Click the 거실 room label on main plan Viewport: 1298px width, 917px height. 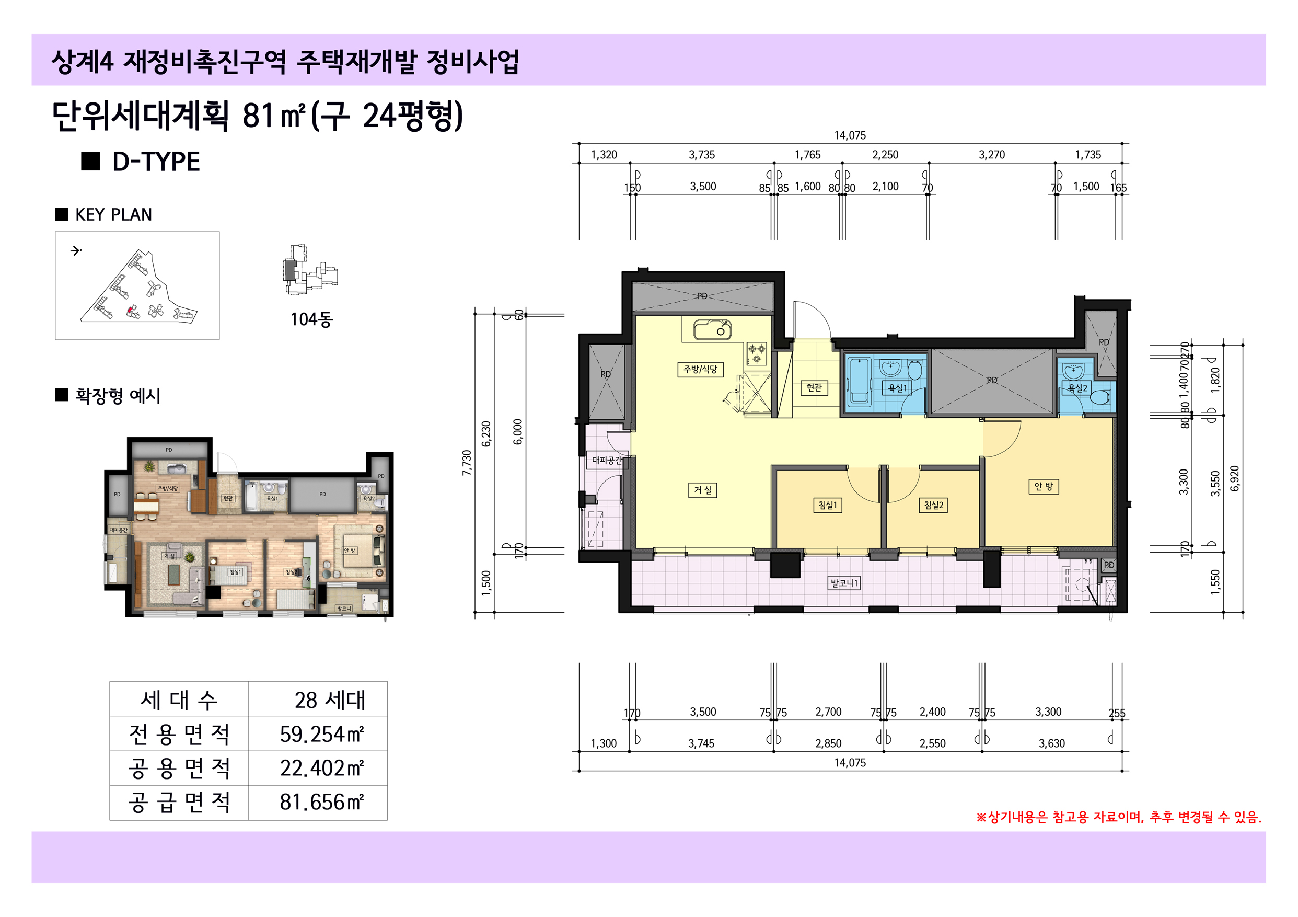(x=703, y=490)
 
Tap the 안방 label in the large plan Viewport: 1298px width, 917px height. (x=1043, y=487)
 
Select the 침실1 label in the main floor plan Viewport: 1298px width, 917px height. (x=827, y=505)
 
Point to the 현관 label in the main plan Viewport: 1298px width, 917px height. (x=814, y=387)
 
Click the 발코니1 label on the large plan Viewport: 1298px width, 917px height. (x=844, y=583)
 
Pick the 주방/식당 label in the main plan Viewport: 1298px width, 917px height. (x=700, y=370)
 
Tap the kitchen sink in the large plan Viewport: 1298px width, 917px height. (x=712, y=330)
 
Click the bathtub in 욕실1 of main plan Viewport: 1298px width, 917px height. (x=859, y=380)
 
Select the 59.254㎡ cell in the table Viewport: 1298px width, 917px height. (x=320, y=734)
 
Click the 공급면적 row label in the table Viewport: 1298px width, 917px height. (x=179, y=802)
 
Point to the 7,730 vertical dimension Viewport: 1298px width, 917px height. (x=467, y=463)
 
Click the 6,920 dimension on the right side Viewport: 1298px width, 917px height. (x=1234, y=478)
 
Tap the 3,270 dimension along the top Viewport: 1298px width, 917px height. (x=992, y=155)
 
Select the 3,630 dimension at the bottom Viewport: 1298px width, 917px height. (x=1051, y=743)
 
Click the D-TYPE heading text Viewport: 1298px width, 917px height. (x=156, y=162)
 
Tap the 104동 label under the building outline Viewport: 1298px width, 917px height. (x=311, y=319)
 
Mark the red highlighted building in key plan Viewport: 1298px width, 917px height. (x=130, y=310)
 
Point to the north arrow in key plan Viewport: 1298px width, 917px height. (x=76, y=250)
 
